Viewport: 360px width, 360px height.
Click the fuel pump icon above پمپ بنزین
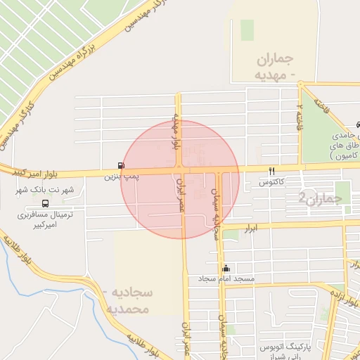coord(122,166)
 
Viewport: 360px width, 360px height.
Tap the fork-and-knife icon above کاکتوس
coord(271,171)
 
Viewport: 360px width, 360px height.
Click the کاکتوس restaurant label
coord(271,181)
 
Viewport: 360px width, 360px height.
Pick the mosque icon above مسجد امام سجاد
coord(226,268)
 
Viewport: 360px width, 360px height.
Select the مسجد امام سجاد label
coord(225,279)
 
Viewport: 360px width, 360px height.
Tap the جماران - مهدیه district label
coord(270,67)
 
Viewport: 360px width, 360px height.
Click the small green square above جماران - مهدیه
coord(247,30)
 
